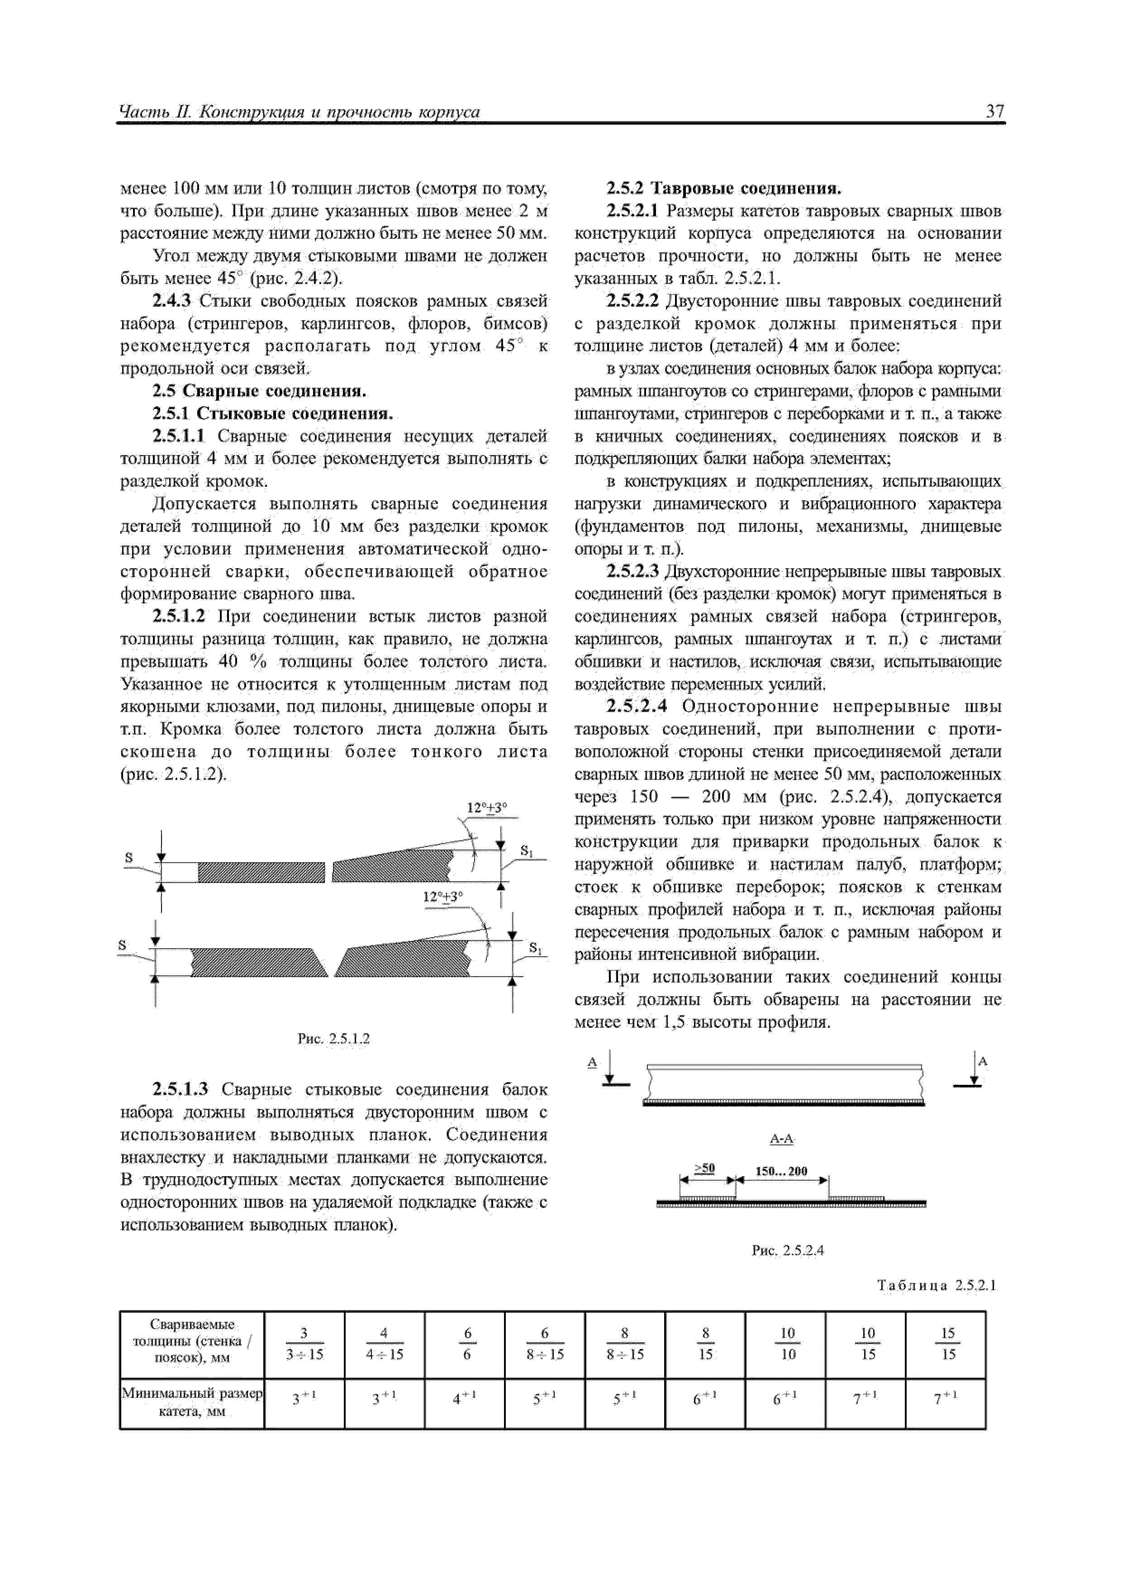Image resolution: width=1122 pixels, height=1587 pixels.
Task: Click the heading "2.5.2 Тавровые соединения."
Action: pos(723,188)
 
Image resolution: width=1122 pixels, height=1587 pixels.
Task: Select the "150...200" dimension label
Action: pos(781,1171)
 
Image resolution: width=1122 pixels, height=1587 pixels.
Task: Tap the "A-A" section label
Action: pos(781,1138)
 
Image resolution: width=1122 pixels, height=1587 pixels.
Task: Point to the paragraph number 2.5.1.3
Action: pos(180,1090)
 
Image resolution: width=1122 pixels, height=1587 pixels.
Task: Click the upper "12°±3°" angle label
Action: pos(487,808)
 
